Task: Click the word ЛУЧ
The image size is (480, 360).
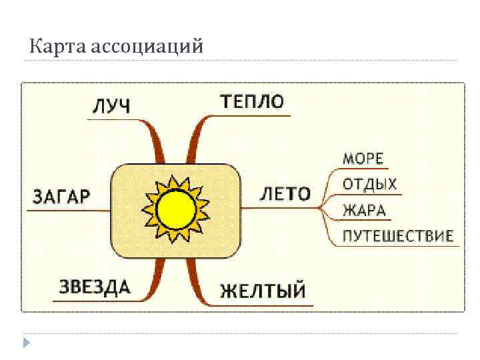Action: (111, 105)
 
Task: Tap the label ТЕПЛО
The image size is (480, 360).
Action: (252, 101)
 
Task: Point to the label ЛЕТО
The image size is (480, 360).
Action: (285, 194)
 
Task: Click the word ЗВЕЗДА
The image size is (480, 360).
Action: (95, 287)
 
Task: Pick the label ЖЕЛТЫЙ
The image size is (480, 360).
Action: (263, 291)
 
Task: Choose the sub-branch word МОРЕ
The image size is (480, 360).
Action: (363, 159)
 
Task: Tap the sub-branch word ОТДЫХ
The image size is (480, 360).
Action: (370, 184)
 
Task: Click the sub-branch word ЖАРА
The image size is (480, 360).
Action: (364, 210)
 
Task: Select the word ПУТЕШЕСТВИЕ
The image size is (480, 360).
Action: (398, 235)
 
